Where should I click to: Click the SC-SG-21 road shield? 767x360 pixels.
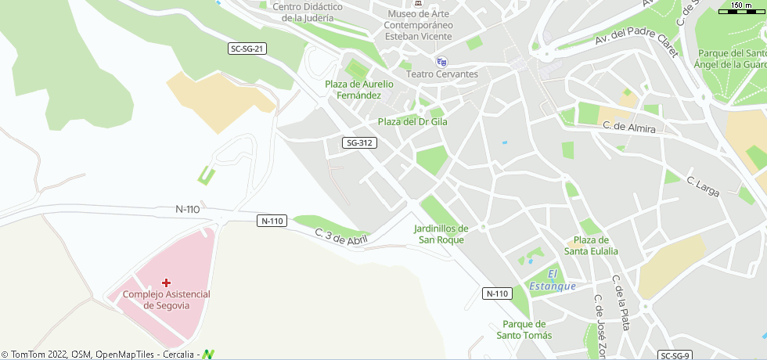point(248,49)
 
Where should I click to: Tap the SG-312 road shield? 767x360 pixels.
point(360,142)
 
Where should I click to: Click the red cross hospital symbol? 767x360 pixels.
point(167,282)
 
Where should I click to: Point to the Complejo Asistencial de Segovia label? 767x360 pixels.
point(167,299)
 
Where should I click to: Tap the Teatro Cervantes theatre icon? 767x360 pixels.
point(441,62)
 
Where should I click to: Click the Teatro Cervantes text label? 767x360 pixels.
point(443,74)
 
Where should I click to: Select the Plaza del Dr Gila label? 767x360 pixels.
point(412,121)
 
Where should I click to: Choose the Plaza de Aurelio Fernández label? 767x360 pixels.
point(359,89)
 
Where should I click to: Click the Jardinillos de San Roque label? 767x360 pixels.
point(441,234)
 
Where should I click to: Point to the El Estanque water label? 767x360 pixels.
point(553,279)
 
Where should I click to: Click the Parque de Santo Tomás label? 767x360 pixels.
point(524,329)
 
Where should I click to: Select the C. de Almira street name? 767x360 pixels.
point(628,126)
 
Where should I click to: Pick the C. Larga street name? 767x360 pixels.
point(703,186)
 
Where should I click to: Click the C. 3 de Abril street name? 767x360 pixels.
point(341,236)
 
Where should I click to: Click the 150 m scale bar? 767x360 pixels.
point(742,9)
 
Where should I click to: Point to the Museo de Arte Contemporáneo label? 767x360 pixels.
point(418,24)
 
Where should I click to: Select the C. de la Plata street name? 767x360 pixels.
point(621,303)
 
